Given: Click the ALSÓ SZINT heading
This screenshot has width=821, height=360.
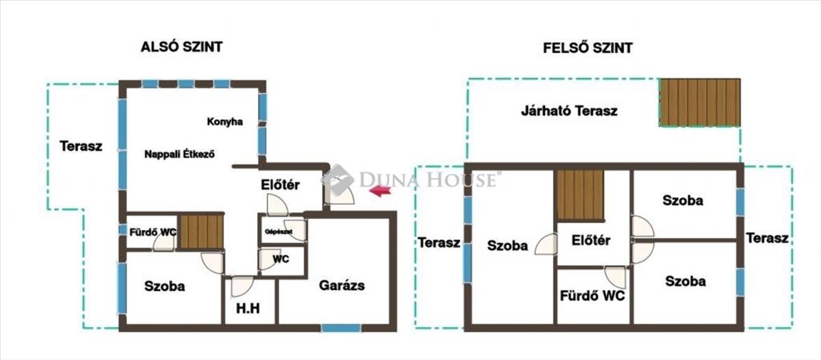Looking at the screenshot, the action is tap(182, 47).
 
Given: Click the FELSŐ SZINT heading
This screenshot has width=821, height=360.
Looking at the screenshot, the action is tap(588, 48).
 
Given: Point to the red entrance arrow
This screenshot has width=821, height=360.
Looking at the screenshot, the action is tap(380, 191).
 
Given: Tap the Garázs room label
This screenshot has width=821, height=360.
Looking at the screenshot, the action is tap(341, 285).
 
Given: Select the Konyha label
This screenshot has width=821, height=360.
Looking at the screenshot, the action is tap(224, 122).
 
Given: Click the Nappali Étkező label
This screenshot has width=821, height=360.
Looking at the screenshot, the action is tap(179, 155).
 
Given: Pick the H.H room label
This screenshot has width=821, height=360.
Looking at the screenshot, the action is tap(248, 309).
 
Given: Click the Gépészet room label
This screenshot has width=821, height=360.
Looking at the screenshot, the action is tap(278, 232).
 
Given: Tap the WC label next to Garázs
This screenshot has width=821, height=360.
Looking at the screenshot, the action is tap(281, 259).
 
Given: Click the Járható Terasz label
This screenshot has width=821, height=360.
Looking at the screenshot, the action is tap(569, 111).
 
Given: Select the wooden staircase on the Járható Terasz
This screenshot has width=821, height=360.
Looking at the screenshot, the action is tap(700, 103).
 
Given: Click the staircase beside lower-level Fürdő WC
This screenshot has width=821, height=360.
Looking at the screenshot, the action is tap(201, 231).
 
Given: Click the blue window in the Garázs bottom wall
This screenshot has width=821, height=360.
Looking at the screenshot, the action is tap(341, 328).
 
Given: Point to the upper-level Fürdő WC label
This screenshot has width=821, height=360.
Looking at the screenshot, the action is tap(592, 296).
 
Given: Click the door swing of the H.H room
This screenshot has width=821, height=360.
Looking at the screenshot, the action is tap(242, 286).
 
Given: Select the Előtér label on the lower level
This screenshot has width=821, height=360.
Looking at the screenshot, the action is tap(280, 185).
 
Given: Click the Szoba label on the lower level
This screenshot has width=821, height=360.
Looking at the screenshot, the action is tap(165, 286).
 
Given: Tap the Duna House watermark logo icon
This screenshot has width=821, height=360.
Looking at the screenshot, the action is tap(337, 180).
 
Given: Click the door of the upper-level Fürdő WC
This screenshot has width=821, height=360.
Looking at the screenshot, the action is tap(615, 277).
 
